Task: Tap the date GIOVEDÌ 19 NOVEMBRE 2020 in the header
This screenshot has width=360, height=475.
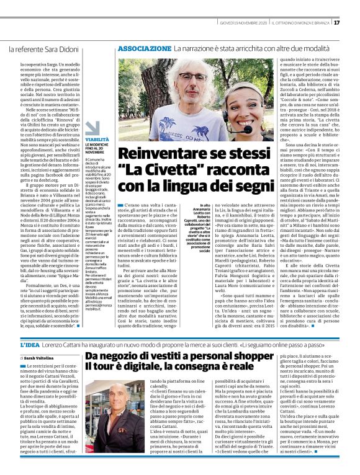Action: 243,23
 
